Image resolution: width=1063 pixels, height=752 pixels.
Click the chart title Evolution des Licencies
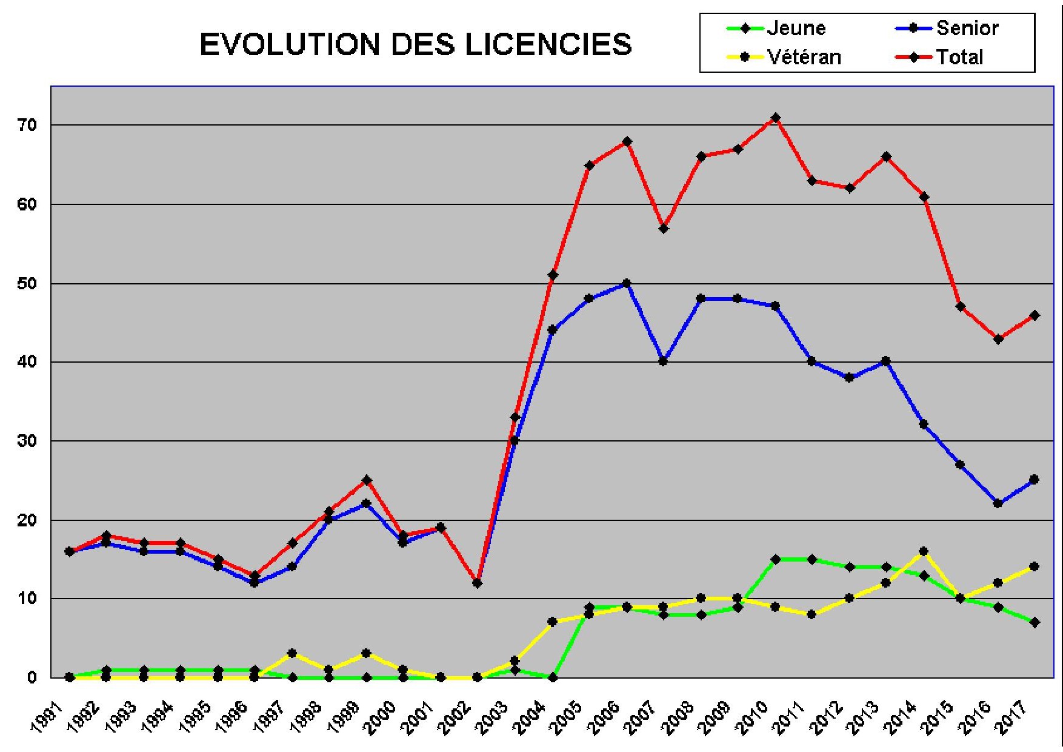click(x=416, y=44)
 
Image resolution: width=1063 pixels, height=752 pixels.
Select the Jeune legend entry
click(x=795, y=28)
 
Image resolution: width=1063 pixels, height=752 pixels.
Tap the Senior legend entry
click(x=967, y=28)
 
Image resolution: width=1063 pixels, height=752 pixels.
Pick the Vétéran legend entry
click(x=803, y=57)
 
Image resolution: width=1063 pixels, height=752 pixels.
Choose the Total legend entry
click(x=959, y=57)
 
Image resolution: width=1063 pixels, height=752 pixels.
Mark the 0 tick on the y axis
click(x=32, y=677)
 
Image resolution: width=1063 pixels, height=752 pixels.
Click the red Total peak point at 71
click(x=775, y=118)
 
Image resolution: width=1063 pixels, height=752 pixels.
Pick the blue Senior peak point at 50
click(x=627, y=283)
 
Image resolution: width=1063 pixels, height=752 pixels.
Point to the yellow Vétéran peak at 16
click(x=924, y=551)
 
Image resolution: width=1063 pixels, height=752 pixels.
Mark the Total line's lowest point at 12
click(x=477, y=583)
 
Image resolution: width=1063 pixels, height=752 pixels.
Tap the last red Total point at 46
click(x=1035, y=315)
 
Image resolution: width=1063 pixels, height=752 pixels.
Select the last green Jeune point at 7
click(x=1035, y=622)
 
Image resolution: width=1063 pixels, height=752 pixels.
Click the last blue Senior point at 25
click(x=1035, y=480)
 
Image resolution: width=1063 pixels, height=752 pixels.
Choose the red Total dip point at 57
click(x=664, y=228)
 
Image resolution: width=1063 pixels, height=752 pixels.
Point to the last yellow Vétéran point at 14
click(x=1035, y=566)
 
